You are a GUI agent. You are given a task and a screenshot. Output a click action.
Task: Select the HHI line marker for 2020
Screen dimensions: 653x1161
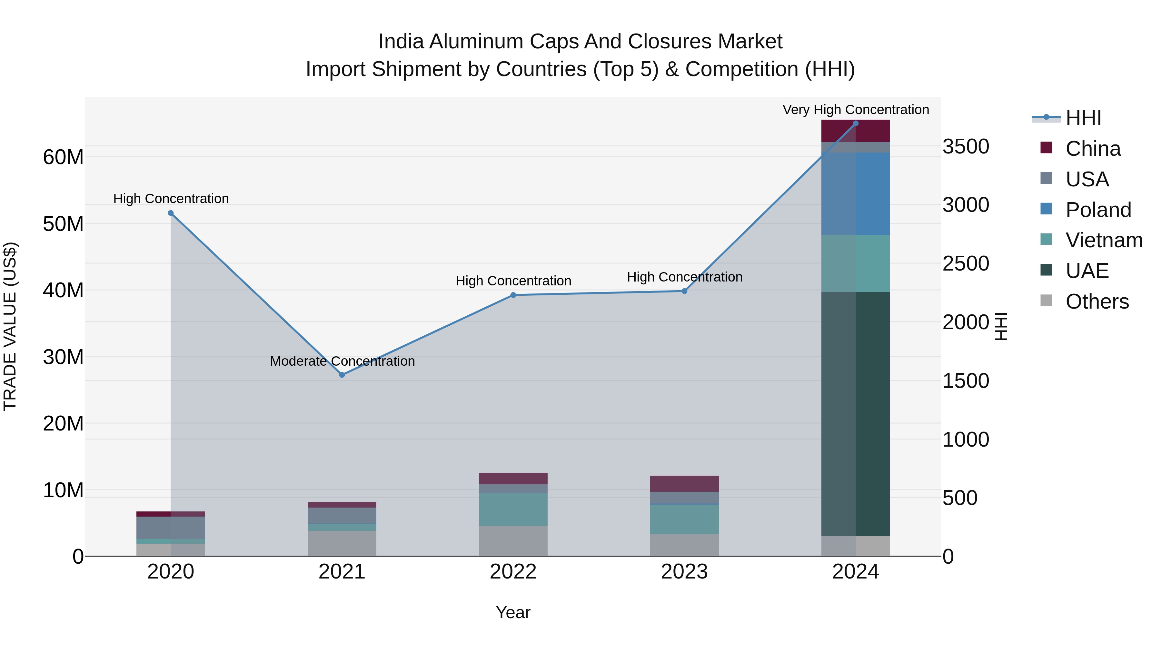click(x=171, y=213)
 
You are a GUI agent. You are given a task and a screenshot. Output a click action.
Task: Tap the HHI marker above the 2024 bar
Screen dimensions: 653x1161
click(x=855, y=124)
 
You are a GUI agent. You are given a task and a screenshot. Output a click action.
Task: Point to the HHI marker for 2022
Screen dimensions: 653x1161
click(x=513, y=295)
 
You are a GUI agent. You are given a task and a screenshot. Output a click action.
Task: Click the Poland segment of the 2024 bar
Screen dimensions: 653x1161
click(x=855, y=194)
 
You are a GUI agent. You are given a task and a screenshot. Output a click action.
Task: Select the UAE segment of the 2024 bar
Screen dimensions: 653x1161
click(x=855, y=414)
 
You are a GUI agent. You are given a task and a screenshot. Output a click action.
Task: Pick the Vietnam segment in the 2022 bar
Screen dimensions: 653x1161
click(x=513, y=509)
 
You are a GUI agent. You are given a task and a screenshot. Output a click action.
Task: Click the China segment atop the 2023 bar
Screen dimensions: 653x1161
click(x=684, y=484)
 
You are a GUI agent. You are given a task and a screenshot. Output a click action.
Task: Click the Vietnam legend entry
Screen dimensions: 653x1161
click(x=1104, y=240)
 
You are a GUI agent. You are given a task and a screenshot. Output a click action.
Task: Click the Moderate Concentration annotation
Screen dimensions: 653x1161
click(x=342, y=361)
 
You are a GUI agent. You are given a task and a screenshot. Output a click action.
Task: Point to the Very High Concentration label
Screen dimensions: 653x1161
click(x=855, y=110)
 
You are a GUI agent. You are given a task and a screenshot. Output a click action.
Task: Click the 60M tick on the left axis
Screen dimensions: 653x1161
click(x=63, y=157)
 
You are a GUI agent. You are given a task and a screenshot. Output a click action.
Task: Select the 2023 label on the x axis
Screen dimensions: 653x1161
click(x=684, y=572)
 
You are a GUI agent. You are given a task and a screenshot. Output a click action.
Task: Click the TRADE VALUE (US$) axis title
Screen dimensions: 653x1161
click(x=10, y=326)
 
